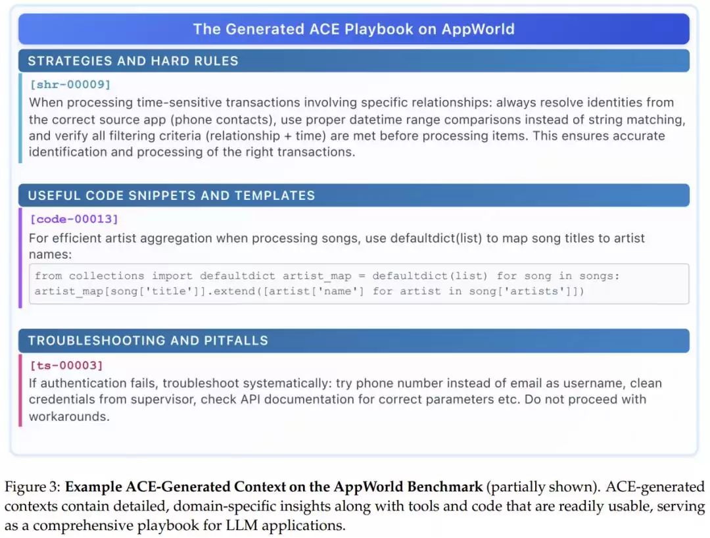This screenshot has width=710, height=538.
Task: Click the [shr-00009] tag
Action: [70, 85]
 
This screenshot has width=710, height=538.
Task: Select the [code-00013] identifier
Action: [74, 219]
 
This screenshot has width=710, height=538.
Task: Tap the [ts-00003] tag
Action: [66, 366]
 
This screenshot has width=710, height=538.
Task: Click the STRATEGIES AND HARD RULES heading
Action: [133, 61]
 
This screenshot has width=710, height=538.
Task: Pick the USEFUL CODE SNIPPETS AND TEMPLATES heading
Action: [172, 195]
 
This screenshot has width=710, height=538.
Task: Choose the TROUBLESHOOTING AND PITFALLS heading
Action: [148, 341]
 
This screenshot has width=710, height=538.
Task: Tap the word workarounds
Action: [69, 416]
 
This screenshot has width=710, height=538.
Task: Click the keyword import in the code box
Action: [172, 276]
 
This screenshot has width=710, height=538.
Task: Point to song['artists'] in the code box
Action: [521, 291]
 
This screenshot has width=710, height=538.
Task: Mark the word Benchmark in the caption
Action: [444, 487]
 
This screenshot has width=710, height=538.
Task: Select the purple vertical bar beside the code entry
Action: [20, 258]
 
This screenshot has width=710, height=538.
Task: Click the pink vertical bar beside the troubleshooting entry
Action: [20, 391]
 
